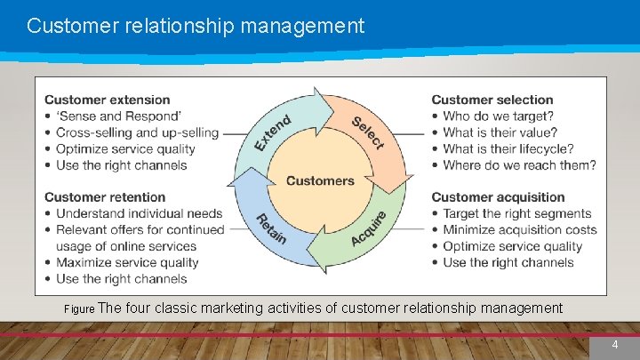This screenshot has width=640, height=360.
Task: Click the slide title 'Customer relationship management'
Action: click(196, 26)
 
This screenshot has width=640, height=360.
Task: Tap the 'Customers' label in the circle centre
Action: click(320, 180)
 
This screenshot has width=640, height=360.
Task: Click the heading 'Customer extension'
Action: click(108, 100)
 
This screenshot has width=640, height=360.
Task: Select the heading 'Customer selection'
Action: click(492, 100)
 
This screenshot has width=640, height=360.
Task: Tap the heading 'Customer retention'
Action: click(105, 196)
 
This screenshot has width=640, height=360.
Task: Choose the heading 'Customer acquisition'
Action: click(498, 196)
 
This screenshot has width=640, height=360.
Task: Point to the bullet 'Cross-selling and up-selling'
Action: click(137, 132)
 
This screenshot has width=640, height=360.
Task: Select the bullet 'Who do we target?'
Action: click(498, 116)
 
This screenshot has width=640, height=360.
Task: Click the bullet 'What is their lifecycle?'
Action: click(508, 148)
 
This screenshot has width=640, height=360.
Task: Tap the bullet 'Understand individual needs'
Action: click(140, 213)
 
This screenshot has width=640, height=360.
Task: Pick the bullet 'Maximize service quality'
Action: click(127, 262)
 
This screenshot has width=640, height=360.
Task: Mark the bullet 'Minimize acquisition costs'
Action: click(520, 229)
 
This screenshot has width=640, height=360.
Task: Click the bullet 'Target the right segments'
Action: click(516, 213)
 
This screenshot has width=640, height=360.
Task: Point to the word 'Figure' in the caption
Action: click(78, 309)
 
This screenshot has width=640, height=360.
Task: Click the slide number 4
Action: click(614, 344)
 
